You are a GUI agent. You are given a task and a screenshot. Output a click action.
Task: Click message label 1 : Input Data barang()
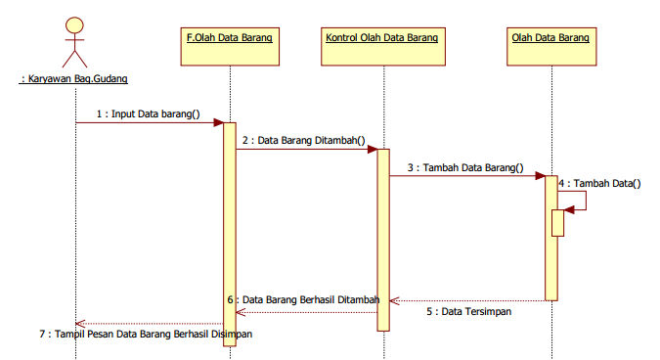148,113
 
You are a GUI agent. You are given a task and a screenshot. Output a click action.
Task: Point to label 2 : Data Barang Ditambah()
303,140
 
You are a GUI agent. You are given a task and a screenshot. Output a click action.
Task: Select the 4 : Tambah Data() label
599,182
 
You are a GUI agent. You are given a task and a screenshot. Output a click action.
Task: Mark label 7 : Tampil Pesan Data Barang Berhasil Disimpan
147,334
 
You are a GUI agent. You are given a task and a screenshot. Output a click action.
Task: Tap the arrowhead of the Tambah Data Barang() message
541,176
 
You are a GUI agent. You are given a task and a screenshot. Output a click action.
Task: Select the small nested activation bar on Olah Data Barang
558,222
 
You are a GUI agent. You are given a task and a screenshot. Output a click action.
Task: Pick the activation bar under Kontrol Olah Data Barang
383,239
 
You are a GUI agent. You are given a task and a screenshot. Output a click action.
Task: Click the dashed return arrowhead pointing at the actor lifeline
80,323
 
